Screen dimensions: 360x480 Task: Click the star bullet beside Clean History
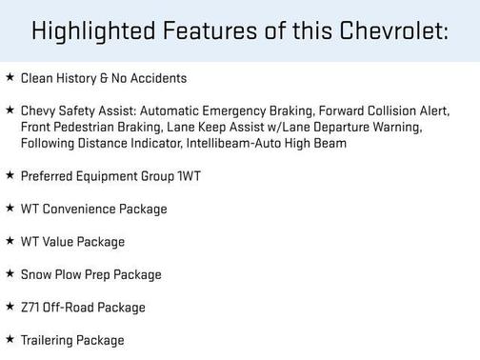[x=10, y=77]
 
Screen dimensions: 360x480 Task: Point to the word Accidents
[x=159, y=78]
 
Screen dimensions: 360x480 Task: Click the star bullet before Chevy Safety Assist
[x=10, y=110]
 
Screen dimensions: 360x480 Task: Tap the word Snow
[x=34, y=274]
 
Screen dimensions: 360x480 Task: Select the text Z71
[x=30, y=308]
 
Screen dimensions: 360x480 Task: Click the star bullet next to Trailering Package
[x=10, y=340]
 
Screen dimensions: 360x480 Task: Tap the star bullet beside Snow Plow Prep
[x=10, y=274]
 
